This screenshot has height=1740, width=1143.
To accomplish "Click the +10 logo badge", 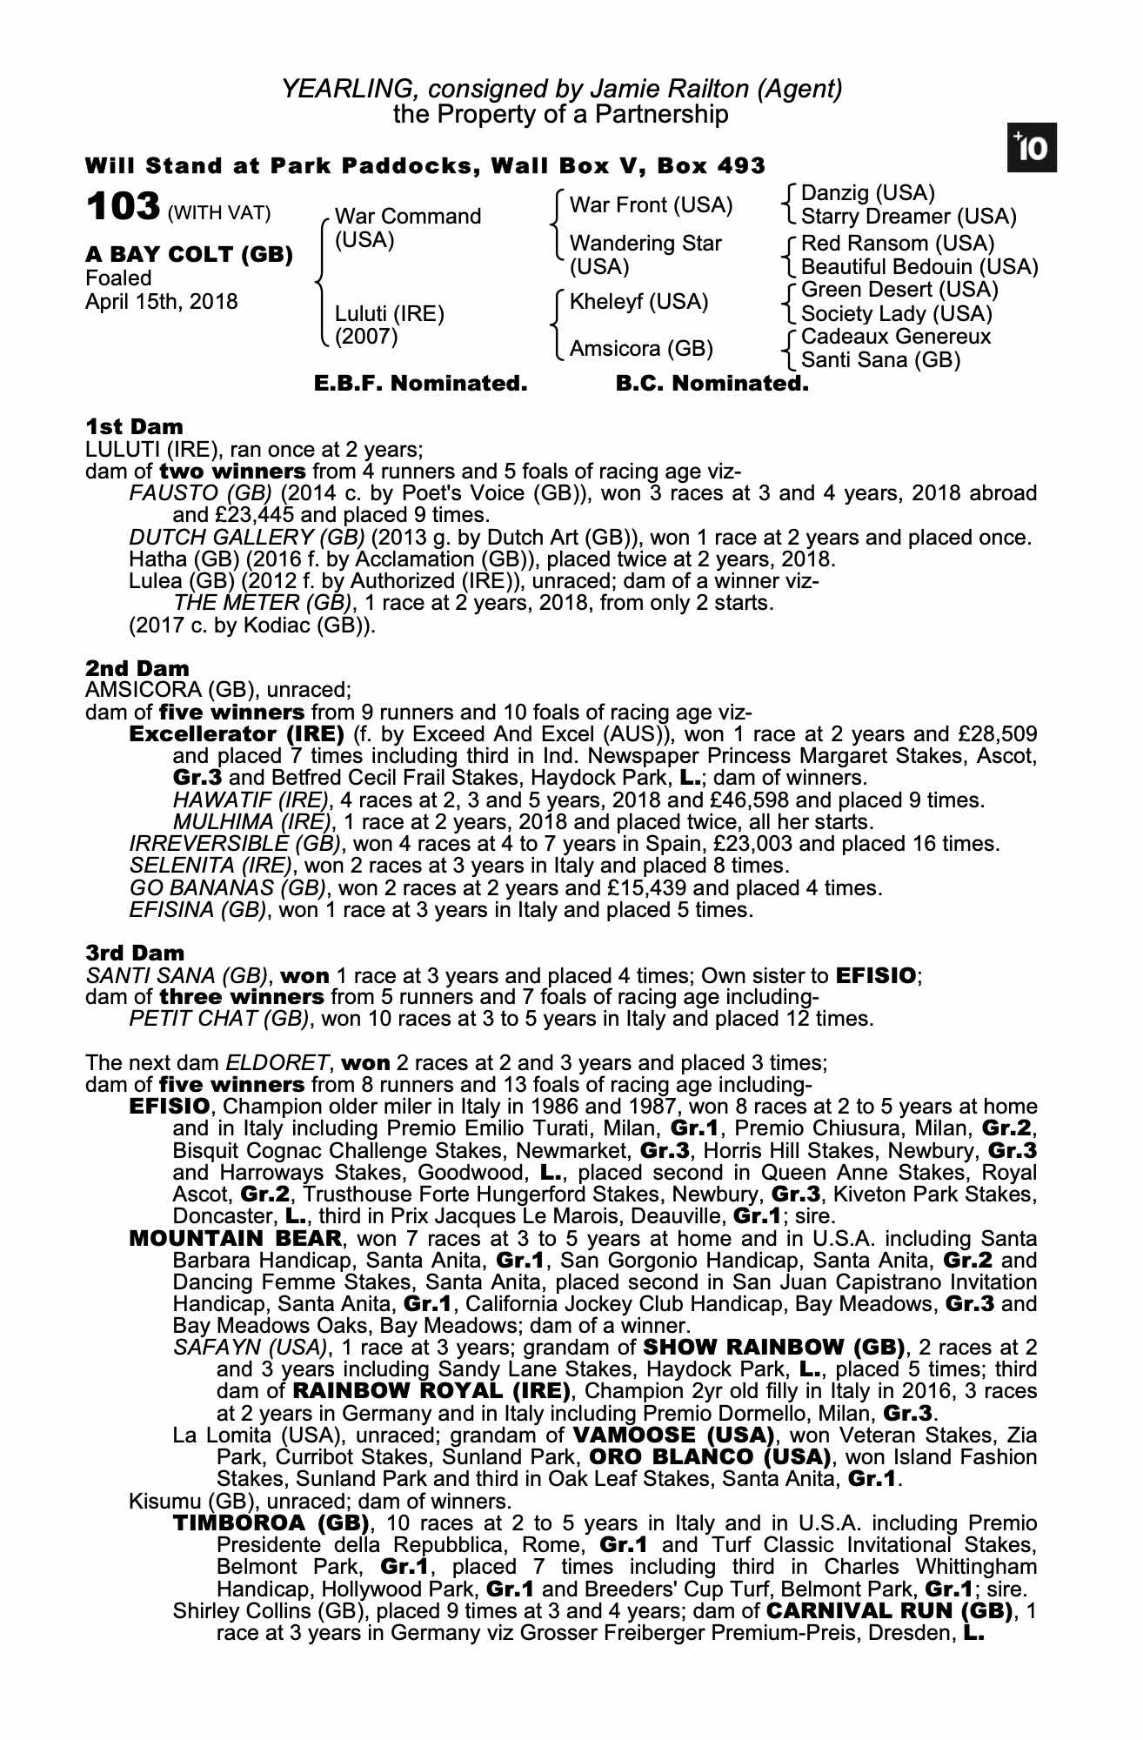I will tap(1033, 149).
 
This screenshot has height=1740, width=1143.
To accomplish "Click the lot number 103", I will tap(123, 207).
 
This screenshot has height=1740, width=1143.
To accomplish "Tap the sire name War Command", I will tap(407, 216).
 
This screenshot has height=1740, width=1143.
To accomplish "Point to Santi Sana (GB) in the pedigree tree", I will tap(879, 359).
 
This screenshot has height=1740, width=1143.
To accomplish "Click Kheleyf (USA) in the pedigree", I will tap(638, 302).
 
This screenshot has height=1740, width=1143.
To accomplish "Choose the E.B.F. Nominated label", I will tap(420, 384).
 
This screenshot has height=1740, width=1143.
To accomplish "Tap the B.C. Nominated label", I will tap(712, 384).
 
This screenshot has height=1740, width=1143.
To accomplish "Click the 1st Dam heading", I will tap(134, 427).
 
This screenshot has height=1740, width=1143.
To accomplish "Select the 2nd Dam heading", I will tap(137, 668).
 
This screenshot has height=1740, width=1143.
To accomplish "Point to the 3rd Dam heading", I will tap(135, 954).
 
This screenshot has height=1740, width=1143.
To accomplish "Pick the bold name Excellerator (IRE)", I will tap(237, 734).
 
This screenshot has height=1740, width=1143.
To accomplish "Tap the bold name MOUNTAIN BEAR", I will tap(235, 1238).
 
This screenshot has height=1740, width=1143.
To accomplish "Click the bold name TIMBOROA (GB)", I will tap(272, 1523).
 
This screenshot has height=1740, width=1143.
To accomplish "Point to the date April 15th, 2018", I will tap(161, 302).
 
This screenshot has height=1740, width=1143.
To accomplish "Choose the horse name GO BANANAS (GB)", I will tap(228, 888).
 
